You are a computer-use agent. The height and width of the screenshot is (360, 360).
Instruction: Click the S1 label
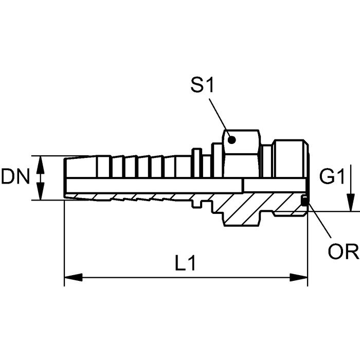coord(202,85)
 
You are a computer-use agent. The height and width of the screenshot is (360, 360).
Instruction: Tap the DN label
coord(15,176)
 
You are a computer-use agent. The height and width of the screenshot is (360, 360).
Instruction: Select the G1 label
coord(332,176)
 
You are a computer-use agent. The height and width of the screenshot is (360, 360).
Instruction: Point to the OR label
coord(343,251)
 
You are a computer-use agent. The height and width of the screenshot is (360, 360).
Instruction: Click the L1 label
coord(185,263)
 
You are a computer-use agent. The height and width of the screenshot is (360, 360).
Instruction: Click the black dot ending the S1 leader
coord(231,139)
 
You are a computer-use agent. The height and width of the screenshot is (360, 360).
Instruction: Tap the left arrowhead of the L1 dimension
coord(73,277)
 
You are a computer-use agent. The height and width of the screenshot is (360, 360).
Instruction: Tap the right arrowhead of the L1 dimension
coord(298,277)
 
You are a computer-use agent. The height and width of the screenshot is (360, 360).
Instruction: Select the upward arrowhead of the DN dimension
coord(41,165)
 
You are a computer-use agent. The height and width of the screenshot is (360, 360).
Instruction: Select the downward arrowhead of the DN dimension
coord(41,191)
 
